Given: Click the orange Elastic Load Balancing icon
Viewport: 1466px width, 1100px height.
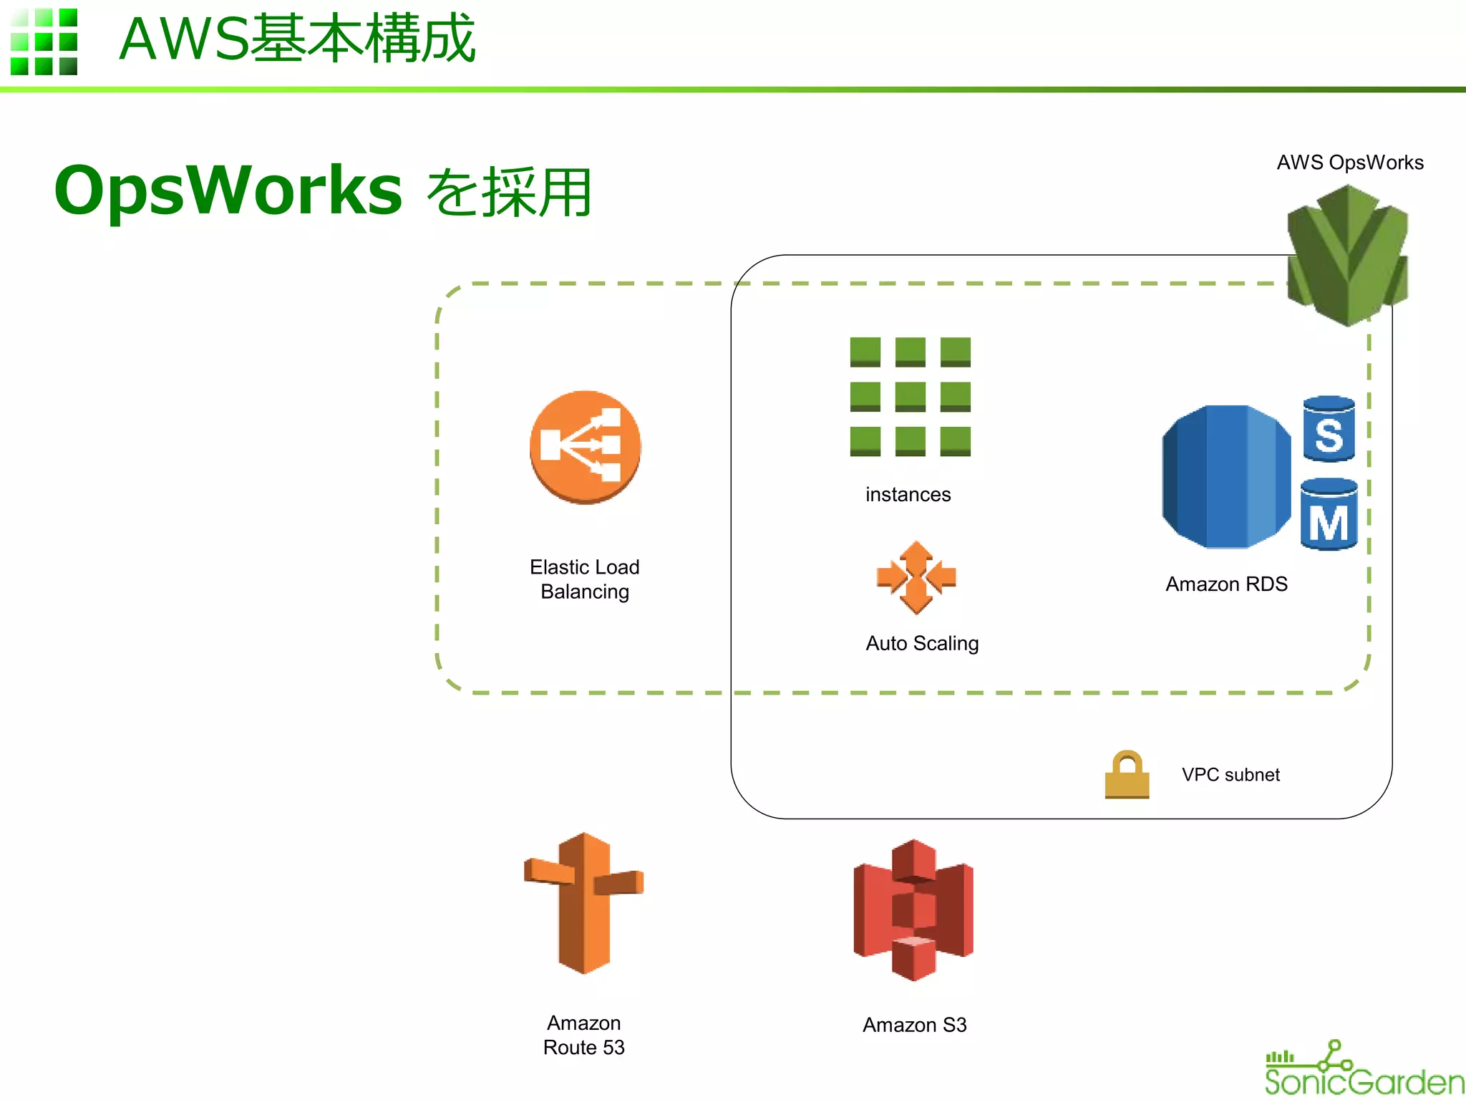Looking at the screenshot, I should (x=585, y=447).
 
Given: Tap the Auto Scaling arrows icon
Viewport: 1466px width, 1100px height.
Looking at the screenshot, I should (x=916, y=577).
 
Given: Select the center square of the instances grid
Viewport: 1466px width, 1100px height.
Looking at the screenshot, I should (x=910, y=396).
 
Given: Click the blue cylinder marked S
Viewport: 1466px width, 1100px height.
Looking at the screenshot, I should (x=1329, y=429).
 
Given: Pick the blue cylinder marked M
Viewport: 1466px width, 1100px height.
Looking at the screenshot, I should (x=1329, y=515).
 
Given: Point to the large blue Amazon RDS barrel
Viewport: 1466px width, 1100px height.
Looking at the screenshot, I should (x=1225, y=477).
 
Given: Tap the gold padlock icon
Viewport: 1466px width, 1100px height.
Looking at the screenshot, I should (x=1127, y=775).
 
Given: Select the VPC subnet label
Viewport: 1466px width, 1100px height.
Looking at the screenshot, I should (x=1230, y=775).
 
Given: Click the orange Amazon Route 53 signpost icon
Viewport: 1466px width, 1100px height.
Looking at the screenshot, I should (x=583, y=903).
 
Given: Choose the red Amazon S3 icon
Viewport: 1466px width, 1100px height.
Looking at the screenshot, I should (x=913, y=910).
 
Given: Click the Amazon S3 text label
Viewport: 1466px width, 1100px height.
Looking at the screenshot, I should (x=914, y=1025).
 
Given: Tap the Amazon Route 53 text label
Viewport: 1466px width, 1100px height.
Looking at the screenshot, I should (x=583, y=1035).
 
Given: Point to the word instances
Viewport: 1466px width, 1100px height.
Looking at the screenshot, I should (x=908, y=495).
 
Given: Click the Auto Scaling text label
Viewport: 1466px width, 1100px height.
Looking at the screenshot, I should (x=922, y=643).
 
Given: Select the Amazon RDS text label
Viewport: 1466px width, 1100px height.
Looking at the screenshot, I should (x=1226, y=584).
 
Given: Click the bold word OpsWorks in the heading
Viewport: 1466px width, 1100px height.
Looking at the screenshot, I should (x=228, y=190).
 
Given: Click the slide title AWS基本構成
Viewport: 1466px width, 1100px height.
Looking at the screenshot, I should (x=297, y=39).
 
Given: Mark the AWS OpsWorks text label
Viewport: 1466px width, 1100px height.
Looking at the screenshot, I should (x=1350, y=163).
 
